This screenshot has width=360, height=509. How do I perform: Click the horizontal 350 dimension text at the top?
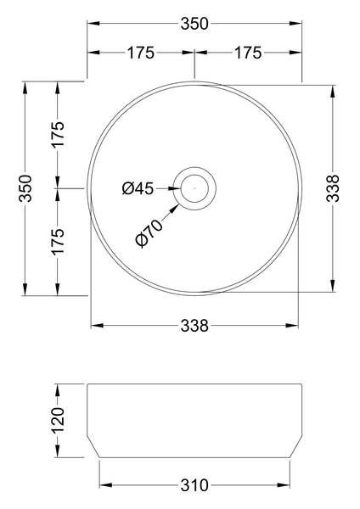(x=194, y=24)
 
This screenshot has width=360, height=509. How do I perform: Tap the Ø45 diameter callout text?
(x=138, y=188)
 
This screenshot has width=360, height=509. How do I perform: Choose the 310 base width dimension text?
(x=194, y=486)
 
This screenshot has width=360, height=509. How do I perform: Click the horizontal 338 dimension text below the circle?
(x=194, y=325)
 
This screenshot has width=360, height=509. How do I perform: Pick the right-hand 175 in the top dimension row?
(x=246, y=53)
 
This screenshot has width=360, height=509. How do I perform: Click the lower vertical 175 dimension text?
(x=58, y=242)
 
